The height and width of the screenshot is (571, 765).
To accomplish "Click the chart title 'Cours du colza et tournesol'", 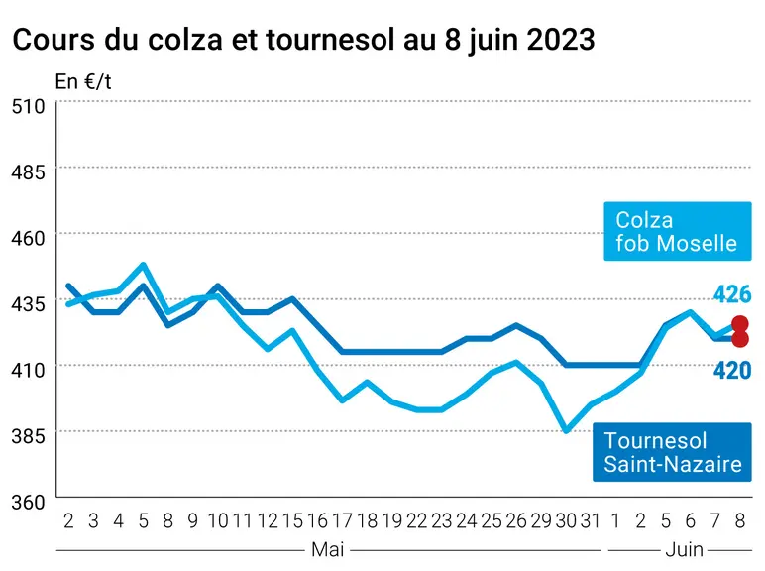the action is [x=205, y=39].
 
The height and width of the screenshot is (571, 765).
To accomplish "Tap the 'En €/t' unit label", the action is [x=83, y=81].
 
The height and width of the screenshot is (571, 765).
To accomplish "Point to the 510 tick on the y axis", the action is [x=29, y=106].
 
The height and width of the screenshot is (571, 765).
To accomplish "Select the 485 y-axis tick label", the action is [x=29, y=172].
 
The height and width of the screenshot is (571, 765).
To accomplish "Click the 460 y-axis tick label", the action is [x=29, y=238].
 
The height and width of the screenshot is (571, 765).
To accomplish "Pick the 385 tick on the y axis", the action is [x=29, y=436].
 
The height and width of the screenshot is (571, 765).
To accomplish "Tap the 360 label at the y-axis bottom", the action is [x=29, y=502].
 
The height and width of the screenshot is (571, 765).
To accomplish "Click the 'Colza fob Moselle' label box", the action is [x=677, y=231].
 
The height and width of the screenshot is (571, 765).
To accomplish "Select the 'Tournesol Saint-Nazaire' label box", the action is [x=672, y=452].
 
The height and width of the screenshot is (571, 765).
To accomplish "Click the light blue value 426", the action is [x=732, y=294].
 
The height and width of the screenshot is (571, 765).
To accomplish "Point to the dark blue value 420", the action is [x=732, y=371].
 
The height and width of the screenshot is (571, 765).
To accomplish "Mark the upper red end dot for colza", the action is [x=740, y=323].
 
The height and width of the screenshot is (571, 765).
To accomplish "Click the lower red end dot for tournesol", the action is [x=740, y=339].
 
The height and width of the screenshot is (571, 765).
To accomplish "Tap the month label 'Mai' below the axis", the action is [x=328, y=549].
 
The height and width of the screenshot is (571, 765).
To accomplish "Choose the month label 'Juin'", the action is [x=684, y=549].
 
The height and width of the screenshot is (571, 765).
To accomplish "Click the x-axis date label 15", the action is [x=292, y=521].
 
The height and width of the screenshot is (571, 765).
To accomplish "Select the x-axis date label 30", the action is [x=566, y=521].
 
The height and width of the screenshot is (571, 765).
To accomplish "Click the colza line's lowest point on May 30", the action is [x=566, y=431].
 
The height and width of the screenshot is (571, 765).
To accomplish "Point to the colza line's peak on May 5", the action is [x=143, y=265].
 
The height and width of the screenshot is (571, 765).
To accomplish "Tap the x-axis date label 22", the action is [x=416, y=521].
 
